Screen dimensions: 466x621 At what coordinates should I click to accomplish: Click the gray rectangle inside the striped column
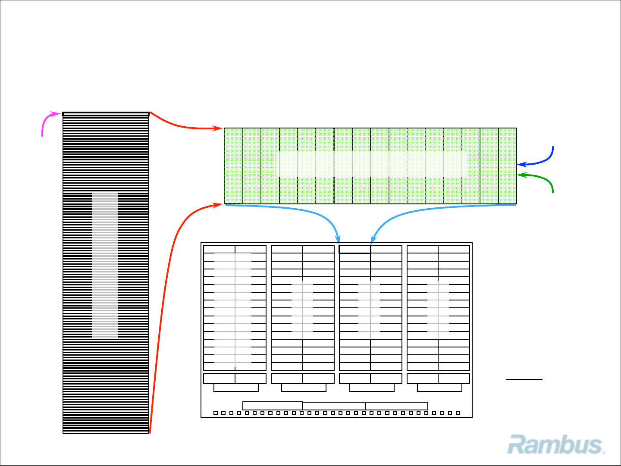(x=105, y=265)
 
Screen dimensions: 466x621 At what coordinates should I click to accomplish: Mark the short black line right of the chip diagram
(x=524, y=379)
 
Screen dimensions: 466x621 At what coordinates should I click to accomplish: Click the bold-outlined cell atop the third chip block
(x=355, y=249)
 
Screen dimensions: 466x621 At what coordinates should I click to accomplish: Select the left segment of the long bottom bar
(x=273, y=406)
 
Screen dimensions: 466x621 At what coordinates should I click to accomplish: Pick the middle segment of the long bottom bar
(x=334, y=406)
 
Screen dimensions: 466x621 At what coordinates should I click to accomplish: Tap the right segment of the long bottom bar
(x=396, y=406)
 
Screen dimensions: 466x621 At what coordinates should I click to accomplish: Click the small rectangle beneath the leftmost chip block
(x=236, y=388)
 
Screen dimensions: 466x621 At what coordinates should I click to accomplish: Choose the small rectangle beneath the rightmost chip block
(x=439, y=388)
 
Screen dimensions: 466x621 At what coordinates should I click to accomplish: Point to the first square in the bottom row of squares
(x=216, y=413)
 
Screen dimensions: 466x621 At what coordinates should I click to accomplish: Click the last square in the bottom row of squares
(x=458, y=413)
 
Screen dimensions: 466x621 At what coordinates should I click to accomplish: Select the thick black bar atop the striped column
(x=106, y=114)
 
